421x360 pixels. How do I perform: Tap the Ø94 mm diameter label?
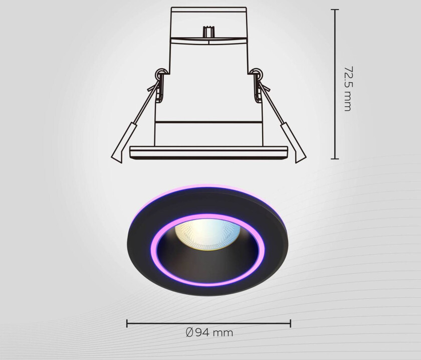coord(209,332)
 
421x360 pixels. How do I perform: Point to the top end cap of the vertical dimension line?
coord(334,9)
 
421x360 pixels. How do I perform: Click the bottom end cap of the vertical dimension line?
coord(334,159)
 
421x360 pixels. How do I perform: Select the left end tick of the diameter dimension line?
coord(127,323)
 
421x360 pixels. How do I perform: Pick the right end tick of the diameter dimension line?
coord(291,323)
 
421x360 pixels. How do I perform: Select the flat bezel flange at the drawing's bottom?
coord(208,152)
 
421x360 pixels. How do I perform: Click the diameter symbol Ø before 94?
coord(189,332)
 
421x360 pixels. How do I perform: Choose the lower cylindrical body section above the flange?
coord(208,134)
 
